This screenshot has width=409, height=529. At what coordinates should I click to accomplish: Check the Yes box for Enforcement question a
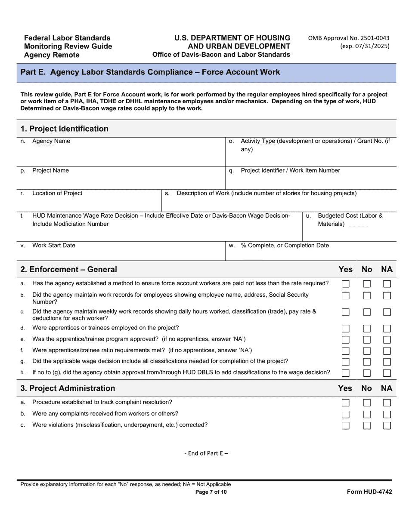point(345,284)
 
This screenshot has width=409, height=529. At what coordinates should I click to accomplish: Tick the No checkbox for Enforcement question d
point(367,329)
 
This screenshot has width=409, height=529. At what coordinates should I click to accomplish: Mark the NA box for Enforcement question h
point(387,373)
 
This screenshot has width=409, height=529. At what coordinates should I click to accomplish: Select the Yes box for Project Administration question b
point(345,414)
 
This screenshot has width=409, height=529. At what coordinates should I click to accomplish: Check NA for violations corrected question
point(387,425)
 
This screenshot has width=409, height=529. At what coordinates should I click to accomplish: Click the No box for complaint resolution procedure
point(367,403)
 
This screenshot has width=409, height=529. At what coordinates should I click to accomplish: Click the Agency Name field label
point(51,141)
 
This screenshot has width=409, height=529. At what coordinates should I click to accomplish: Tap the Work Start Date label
point(53,246)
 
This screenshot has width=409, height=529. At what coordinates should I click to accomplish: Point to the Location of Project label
point(57,193)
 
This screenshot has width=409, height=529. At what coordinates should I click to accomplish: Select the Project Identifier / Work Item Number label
point(290,171)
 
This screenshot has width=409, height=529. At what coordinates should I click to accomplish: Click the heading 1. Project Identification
point(65,129)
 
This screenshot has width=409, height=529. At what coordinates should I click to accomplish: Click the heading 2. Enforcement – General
point(69,270)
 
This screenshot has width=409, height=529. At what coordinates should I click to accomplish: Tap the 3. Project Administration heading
point(68,388)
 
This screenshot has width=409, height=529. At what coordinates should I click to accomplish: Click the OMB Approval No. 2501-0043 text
point(349,38)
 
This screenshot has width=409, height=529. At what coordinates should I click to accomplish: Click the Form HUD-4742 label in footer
point(369,492)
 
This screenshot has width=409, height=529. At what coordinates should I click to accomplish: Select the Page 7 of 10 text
point(211,492)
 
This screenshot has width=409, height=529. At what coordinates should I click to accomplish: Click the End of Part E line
point(206,453)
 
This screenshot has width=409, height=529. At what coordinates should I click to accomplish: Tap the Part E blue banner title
point(150,72)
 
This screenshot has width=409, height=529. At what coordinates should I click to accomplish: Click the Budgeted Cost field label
point(350,220)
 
